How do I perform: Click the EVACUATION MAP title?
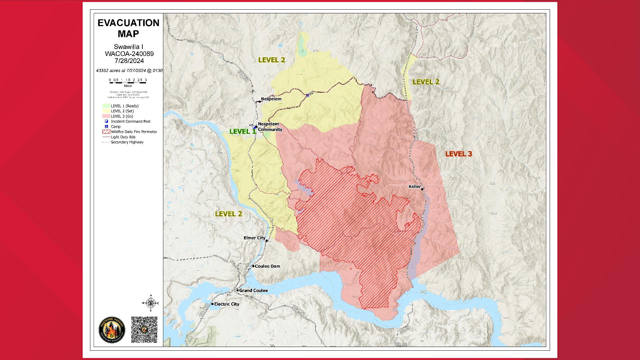(128, 28)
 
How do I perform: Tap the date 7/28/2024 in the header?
(129, 61)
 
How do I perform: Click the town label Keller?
(415, 186)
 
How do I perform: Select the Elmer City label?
(254, 238)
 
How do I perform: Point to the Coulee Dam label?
(267, 266)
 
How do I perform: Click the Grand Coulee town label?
(253, 290)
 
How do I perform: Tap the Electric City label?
(227, 304)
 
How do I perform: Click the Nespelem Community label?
(270, 127)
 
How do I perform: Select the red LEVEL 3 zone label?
(459, 154)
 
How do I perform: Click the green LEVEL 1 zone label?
(242, 131)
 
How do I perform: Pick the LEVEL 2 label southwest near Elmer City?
(228, 214)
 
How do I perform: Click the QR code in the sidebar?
(144, 329)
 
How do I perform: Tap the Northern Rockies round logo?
(112, 329)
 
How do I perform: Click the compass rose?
(151, 303)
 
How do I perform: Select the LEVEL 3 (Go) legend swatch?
(106, 116)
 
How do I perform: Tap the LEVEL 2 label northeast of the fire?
(426, 82)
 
